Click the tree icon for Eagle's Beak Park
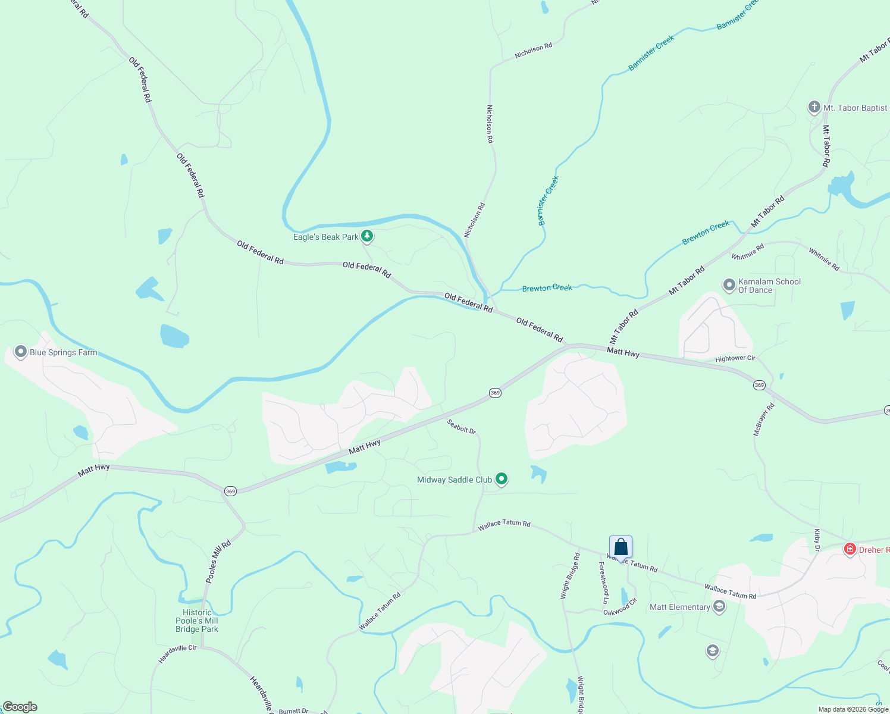(x=368, y=237)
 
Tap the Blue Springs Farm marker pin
(x=21, y=352)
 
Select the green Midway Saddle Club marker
(x=502, y=479)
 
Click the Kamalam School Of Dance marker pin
(x=729, y=286)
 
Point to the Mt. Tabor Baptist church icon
(x=814, y=108)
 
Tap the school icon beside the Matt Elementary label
(x=719, y=607)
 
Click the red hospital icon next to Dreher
(x=850, y=549)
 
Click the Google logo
(x=20, y=707)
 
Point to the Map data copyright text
(x=853, y=709)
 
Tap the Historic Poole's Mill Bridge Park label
(x=197, y=621)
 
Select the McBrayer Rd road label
(x=764, y=419)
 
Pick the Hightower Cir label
(x=735, y=358)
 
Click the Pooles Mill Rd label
(x=218, y=562)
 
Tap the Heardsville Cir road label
(x=177, y=653)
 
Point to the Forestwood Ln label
(x=604, y=583)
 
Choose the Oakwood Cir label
(x=620, y=607)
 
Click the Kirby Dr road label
(x=817, y=539)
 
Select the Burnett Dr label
(x=293, y=711)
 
